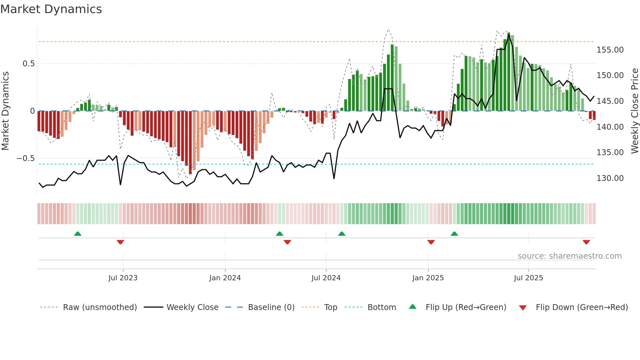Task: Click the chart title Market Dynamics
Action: (51, 9)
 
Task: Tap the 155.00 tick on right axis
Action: (610, 50)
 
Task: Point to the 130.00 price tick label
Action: (610, 178)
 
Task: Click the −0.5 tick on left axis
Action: (25, 158)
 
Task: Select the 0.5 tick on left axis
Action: (28, 64)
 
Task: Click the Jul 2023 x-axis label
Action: (123, 278)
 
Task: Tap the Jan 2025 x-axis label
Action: (428, 278)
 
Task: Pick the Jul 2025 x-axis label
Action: (528, 278)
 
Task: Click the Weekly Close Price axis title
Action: (634, 111)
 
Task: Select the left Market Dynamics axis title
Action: (5, 111)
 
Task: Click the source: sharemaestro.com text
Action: (569, 256)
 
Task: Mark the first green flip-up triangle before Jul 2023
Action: (78, 234)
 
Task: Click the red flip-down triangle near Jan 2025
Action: (431, 242)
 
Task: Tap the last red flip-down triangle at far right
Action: (586, 242)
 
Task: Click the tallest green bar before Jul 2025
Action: (509, 72)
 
